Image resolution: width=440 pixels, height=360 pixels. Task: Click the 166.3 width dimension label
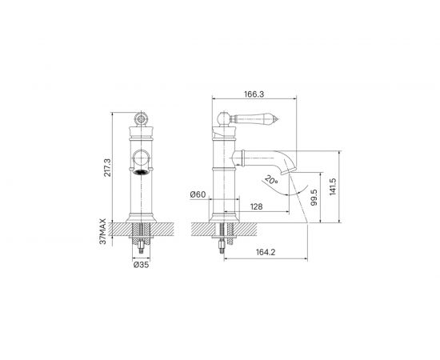pyautogui.click(x=254, y=94)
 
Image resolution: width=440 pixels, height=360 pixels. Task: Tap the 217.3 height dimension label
pyautogui.click(x=107, y=167)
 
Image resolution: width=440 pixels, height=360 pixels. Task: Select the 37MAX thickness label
pyautogui.click(x=103, y=231)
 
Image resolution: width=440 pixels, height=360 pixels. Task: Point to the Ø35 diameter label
pyautogui.click(x=141, y=265)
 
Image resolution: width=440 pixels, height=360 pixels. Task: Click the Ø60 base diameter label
pyautogui.click(x=198, y=194)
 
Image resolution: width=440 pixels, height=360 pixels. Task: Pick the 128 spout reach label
pyautogui.click(x=256, y=206)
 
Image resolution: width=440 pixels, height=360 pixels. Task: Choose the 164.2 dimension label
pyautogui.click(x=266, y=252)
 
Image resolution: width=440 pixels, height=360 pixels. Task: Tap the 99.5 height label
pyautogui.click(x=314, y=198)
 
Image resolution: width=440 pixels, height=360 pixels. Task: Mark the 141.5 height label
pyautogui.click(x=333, y=186)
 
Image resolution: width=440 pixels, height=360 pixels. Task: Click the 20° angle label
pyautogui.click(x=271, y=180)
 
